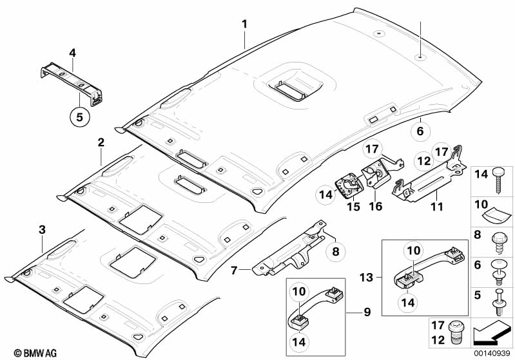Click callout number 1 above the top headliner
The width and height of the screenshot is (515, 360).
[244, 25]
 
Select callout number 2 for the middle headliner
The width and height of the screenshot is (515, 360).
[101, 142]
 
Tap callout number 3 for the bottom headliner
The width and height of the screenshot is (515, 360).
[42, 229]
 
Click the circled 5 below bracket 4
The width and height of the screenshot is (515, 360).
[81, 117]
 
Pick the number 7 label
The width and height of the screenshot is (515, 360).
[235, 269]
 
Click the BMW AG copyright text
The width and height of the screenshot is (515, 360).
[23, 352]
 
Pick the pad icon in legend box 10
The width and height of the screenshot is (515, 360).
[501, 213]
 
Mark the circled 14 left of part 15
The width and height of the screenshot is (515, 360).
[325, 194]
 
